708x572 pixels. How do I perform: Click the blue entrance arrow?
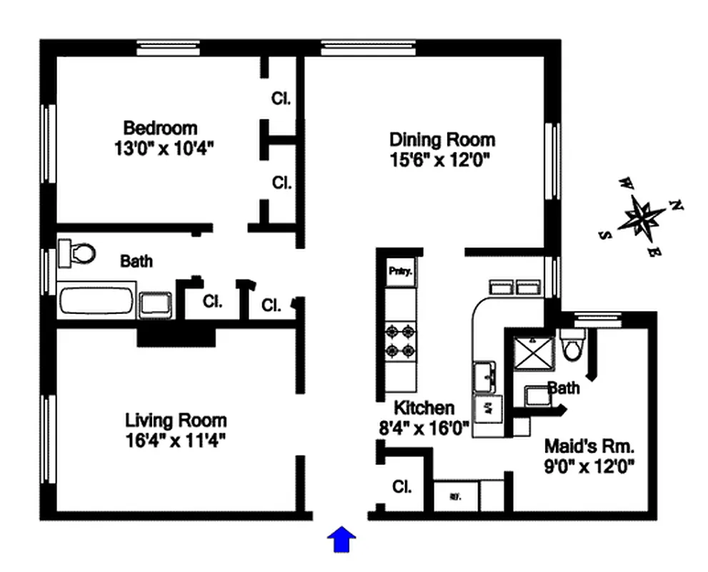pyautogui.click(x=341, y=540)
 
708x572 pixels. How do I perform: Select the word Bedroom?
pyautogui.click(x=160, y=128)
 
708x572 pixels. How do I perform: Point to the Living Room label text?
pyautogui.click(x=176, y=420)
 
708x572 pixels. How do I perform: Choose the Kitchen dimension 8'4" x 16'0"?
pyautogui.click(x=423, y=428)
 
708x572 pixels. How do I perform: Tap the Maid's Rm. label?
pyautogui.click(x=589, y=447)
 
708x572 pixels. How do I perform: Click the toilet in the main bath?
pyautogui.click(x=77, y=252)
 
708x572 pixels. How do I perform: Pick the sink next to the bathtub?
pyautogui.click(x=154, y=303)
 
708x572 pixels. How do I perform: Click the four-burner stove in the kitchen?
pyautogui.click(x=400, y=341)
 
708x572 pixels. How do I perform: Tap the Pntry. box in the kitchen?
pyautogui.click(x=400, y=272)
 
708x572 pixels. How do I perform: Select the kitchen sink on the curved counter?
pyautogui.click(x=486, y=376)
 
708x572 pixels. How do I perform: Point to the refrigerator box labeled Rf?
pyautogui.click(x=454, y=495)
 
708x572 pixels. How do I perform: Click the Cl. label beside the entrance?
pyautogui.click(x=402, y=488)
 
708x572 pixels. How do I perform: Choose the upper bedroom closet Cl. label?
pyautogui.click(x=281, y=98)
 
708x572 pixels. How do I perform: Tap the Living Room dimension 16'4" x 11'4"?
pyautogui.click(x=176, y=440)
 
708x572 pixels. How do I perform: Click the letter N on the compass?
pyautogui.click(x=675, y=206)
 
